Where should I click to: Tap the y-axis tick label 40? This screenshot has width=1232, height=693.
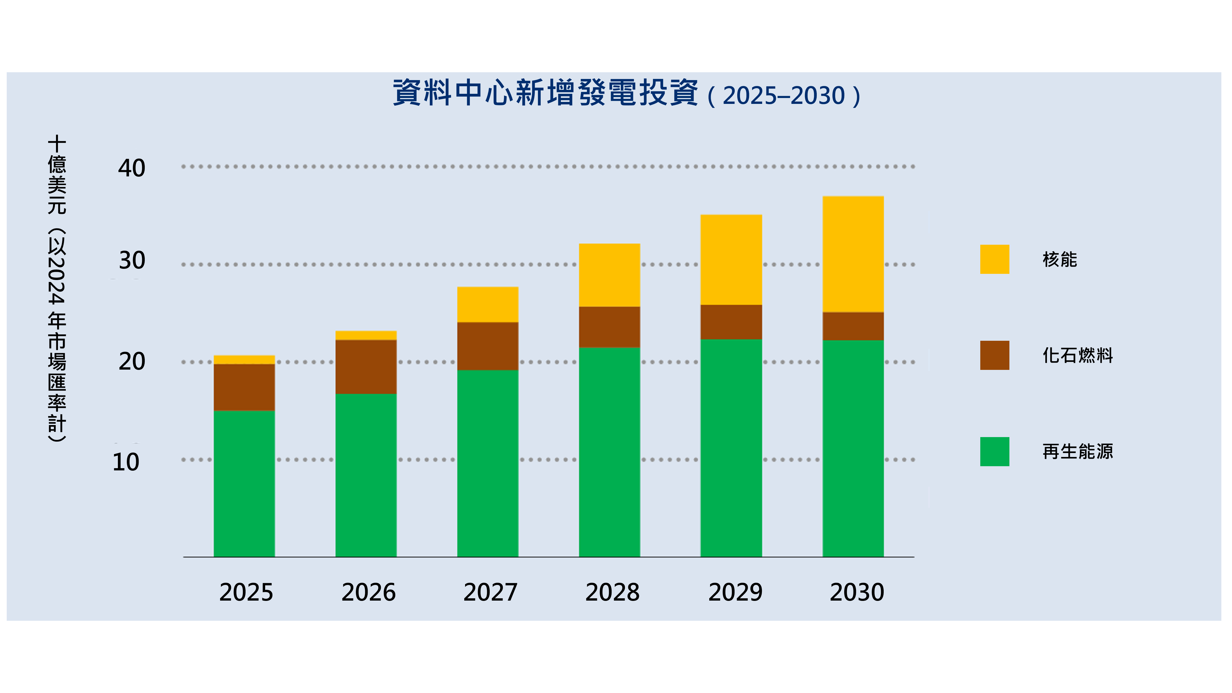(x=132, y=168)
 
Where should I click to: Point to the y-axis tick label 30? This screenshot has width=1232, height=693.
(x=132, y=261)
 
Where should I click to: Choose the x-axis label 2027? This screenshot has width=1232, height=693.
(x=490, y=592)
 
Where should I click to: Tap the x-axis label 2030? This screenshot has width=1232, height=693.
(x=857, y=592)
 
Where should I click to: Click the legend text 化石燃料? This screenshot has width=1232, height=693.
(x=1077, y=355)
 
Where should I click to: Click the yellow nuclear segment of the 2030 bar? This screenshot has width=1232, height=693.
(x=853, y=254)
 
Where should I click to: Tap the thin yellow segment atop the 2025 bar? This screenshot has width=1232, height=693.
(x=244, y=360)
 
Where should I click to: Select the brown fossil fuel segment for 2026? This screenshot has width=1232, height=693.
(x=366, y=367)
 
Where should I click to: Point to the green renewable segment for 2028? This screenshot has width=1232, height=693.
(x=609, y=452)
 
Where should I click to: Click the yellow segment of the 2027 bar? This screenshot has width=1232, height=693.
(x=487, y=305)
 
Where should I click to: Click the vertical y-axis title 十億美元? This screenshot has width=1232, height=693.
(x=57, y=174)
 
